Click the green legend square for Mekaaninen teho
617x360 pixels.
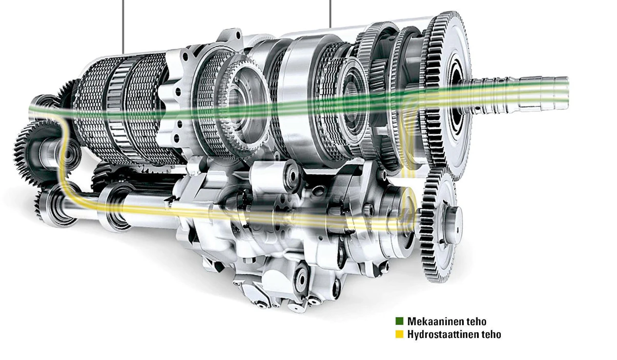tap(399, 321)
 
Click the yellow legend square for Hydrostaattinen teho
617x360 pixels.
tap(399, 334)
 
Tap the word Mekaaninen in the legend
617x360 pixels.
tap(434, 321)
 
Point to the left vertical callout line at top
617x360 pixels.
tap(123, 27)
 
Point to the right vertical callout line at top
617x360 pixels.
tap(330, 14)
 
